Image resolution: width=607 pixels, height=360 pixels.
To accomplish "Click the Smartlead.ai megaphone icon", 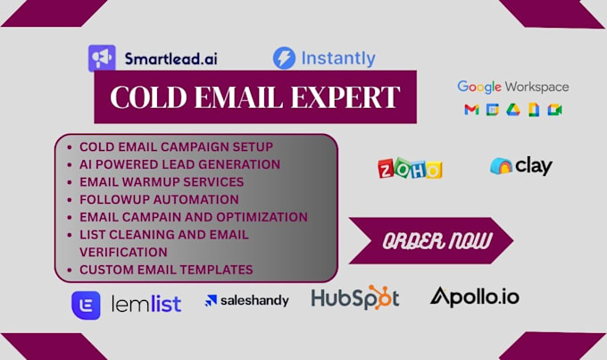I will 102,58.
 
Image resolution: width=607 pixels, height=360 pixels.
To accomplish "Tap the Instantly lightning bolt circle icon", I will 284,59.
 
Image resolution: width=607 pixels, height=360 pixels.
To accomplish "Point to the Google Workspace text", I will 513,87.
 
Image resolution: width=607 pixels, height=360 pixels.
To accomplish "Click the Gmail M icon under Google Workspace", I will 470,110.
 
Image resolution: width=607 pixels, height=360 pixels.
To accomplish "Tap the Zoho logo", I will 410,168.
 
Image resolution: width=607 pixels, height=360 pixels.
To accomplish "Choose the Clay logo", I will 521,166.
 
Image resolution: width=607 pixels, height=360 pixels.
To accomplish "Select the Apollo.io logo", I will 474,297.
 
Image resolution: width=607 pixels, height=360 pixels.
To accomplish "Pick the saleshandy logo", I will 247,300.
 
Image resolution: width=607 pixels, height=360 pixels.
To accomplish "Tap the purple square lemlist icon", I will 87,305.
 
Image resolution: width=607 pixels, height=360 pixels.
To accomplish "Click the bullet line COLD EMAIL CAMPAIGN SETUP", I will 176,147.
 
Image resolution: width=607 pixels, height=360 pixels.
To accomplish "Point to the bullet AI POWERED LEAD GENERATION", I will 179,164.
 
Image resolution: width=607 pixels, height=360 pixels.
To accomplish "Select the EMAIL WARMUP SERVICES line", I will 161,181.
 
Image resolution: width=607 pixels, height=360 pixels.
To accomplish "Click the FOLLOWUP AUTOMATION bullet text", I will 159,199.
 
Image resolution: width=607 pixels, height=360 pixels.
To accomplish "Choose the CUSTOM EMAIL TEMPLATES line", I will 166,269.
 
